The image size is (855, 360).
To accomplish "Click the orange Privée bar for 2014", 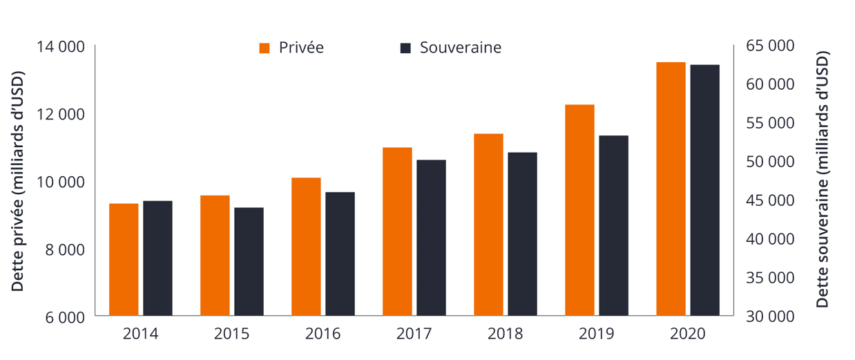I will point(124,260).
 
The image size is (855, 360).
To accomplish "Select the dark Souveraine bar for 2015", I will point(249,262).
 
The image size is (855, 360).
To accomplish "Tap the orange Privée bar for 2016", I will point(306,247).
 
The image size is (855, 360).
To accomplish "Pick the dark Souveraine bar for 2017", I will point(431,238).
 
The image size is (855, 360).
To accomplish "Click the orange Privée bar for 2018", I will point(488,225).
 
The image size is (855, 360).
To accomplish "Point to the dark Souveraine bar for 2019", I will point(613,226).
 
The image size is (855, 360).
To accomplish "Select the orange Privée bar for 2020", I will point(671,189).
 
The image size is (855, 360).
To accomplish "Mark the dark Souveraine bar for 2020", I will point(704,191).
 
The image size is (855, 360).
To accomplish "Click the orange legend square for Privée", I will point(264,48).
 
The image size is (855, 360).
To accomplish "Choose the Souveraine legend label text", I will point(460,48).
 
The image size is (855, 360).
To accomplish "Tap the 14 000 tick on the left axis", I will point(61,46).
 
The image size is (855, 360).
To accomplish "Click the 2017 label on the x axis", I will point(414,334).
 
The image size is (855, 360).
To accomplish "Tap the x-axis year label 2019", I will point(596,334).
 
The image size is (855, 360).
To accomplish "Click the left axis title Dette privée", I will point(18,181).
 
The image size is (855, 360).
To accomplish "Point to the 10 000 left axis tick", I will point(61,182).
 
